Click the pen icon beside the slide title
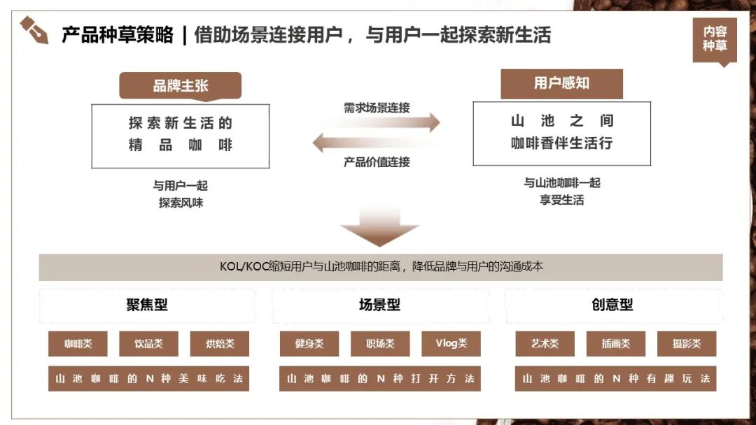tap(34, 31)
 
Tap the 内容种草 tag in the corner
tap(715, 39)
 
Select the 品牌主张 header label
tap(181, 86)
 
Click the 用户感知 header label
tap(561, 83)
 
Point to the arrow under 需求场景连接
tap(377, 123)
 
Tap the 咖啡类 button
tap(78, 343)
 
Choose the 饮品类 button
tap(148, 343)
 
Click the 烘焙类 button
tap(219, 343)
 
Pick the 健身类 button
tap(309, 343)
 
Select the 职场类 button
tap(380, 343)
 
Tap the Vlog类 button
tap(451, 343)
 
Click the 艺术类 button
tap(545, 343)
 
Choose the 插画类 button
tap(615, 343)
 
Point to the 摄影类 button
tap(686, 343)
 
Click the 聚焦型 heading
tap(147, 305)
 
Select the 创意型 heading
tap(612, 305)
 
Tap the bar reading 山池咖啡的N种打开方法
tap(380, 379)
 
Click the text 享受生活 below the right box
tap(562, 200)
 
